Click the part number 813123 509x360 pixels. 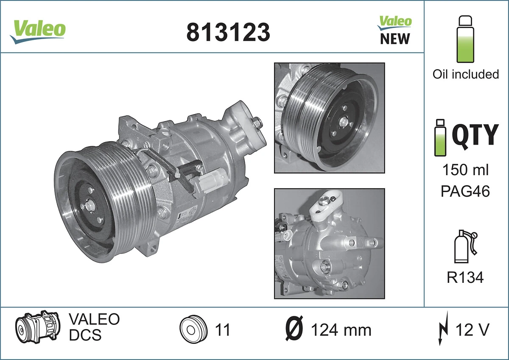click(x=228, y=32)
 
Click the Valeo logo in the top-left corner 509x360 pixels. click(x=38, y=31)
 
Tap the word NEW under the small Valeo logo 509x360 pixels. click(x=395, y=39)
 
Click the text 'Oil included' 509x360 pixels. click(x=465, y=74)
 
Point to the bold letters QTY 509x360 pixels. click(x=475, y=135)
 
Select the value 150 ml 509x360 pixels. click(x=465, y=170)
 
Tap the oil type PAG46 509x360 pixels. click(x=465, y=191)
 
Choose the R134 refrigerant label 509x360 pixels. click(x=465, y=278)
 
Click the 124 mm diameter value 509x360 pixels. click(x=341, y=330)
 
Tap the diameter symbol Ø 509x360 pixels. click(x=294, y=329)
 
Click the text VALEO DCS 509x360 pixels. click(x=94, y=327)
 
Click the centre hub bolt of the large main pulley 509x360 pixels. click(x=90, y=207)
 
